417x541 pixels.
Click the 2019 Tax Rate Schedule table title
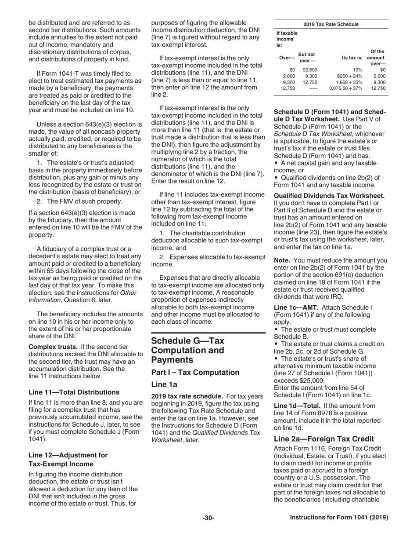click(331, 24)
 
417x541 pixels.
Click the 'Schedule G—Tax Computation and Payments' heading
click(187, 350)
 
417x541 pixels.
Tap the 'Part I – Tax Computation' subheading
click(195, 372)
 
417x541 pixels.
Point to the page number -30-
click(208, 518)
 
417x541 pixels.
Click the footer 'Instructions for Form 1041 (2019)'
click(339, 518)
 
